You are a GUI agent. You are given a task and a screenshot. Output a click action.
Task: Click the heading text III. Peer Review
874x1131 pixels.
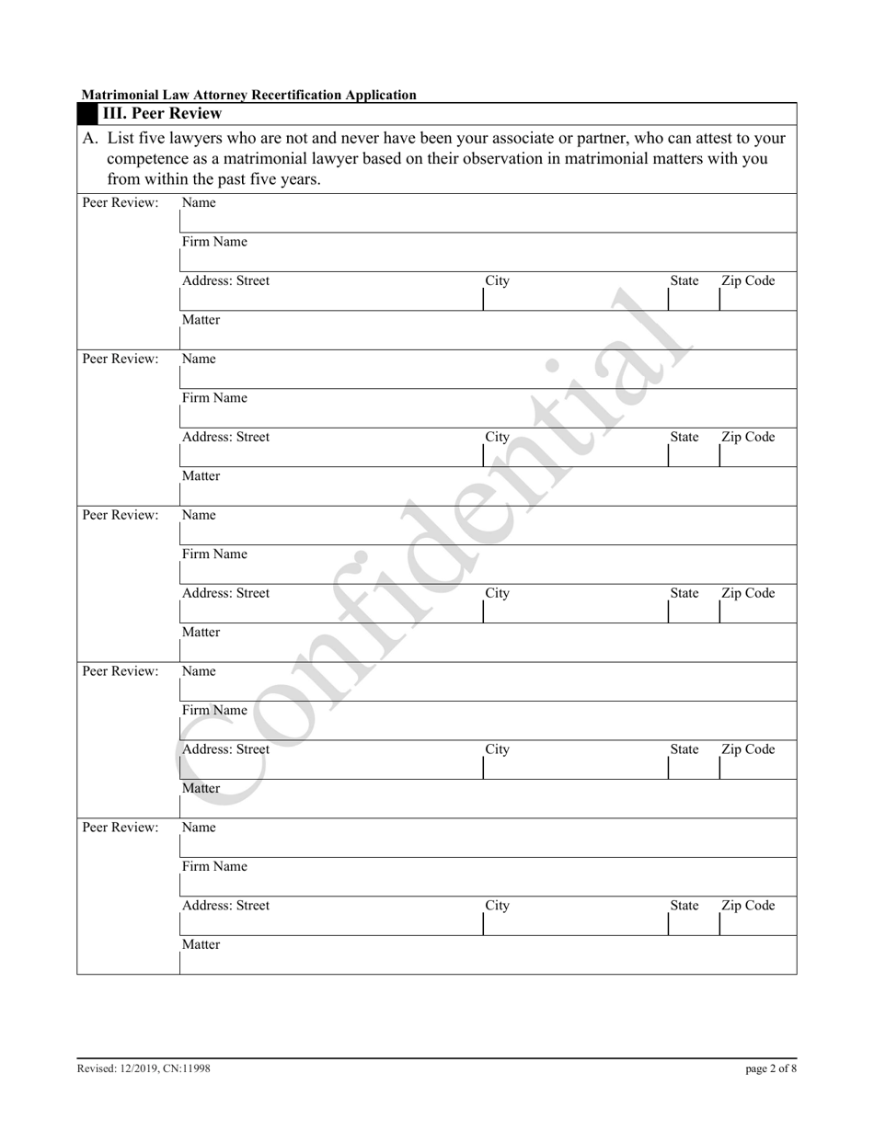point(161,114)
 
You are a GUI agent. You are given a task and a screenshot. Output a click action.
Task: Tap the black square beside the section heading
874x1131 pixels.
point(88,114)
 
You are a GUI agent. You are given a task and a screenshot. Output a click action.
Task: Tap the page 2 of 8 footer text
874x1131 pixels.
point(771,1068)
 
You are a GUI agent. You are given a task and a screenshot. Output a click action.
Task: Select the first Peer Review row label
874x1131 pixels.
point(121,203)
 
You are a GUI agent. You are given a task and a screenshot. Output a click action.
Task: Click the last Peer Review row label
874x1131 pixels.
point(121,828)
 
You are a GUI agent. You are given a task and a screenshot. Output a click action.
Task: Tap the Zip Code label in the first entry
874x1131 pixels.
point(747,281)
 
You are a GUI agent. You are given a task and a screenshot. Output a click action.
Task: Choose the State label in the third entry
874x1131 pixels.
point(684,594)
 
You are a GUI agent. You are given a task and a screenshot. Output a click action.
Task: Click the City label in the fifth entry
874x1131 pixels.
point(497,906)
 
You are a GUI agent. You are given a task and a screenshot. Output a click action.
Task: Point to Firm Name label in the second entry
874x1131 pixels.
point(214,399)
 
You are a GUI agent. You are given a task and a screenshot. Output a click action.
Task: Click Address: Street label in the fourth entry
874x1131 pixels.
point(225,749)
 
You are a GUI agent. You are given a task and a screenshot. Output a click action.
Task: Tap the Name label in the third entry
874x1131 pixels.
point(199,516)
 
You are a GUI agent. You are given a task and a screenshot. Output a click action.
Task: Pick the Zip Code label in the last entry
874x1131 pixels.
point(747,906)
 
